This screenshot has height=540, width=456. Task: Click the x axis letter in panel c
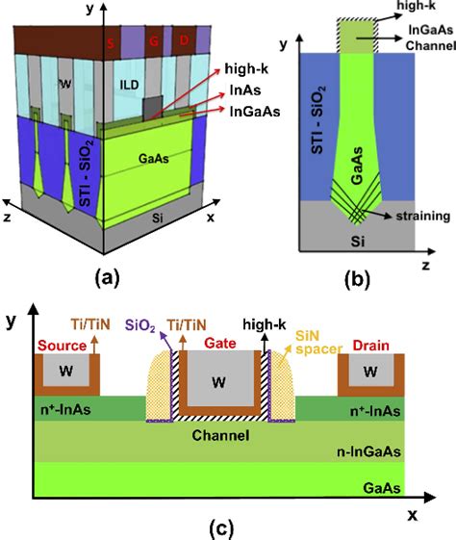coord(412,514)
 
